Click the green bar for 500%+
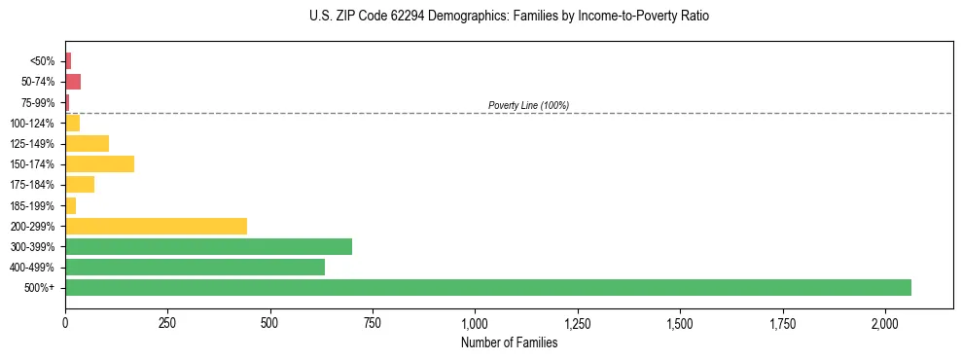click(487, 287)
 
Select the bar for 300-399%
click(208, 246)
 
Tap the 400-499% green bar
click(195, 267)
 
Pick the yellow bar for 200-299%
click(156, 226)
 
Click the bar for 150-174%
click(99, 163)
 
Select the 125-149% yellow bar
click(87, 143)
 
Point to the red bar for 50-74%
click(73, 82)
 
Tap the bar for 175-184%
click(80, 184)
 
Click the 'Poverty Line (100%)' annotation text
click(528, 105)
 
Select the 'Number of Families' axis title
click(509, 342)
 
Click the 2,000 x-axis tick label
click(885, 322)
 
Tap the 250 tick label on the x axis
click(167, 322)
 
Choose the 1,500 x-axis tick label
click(680, 322)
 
